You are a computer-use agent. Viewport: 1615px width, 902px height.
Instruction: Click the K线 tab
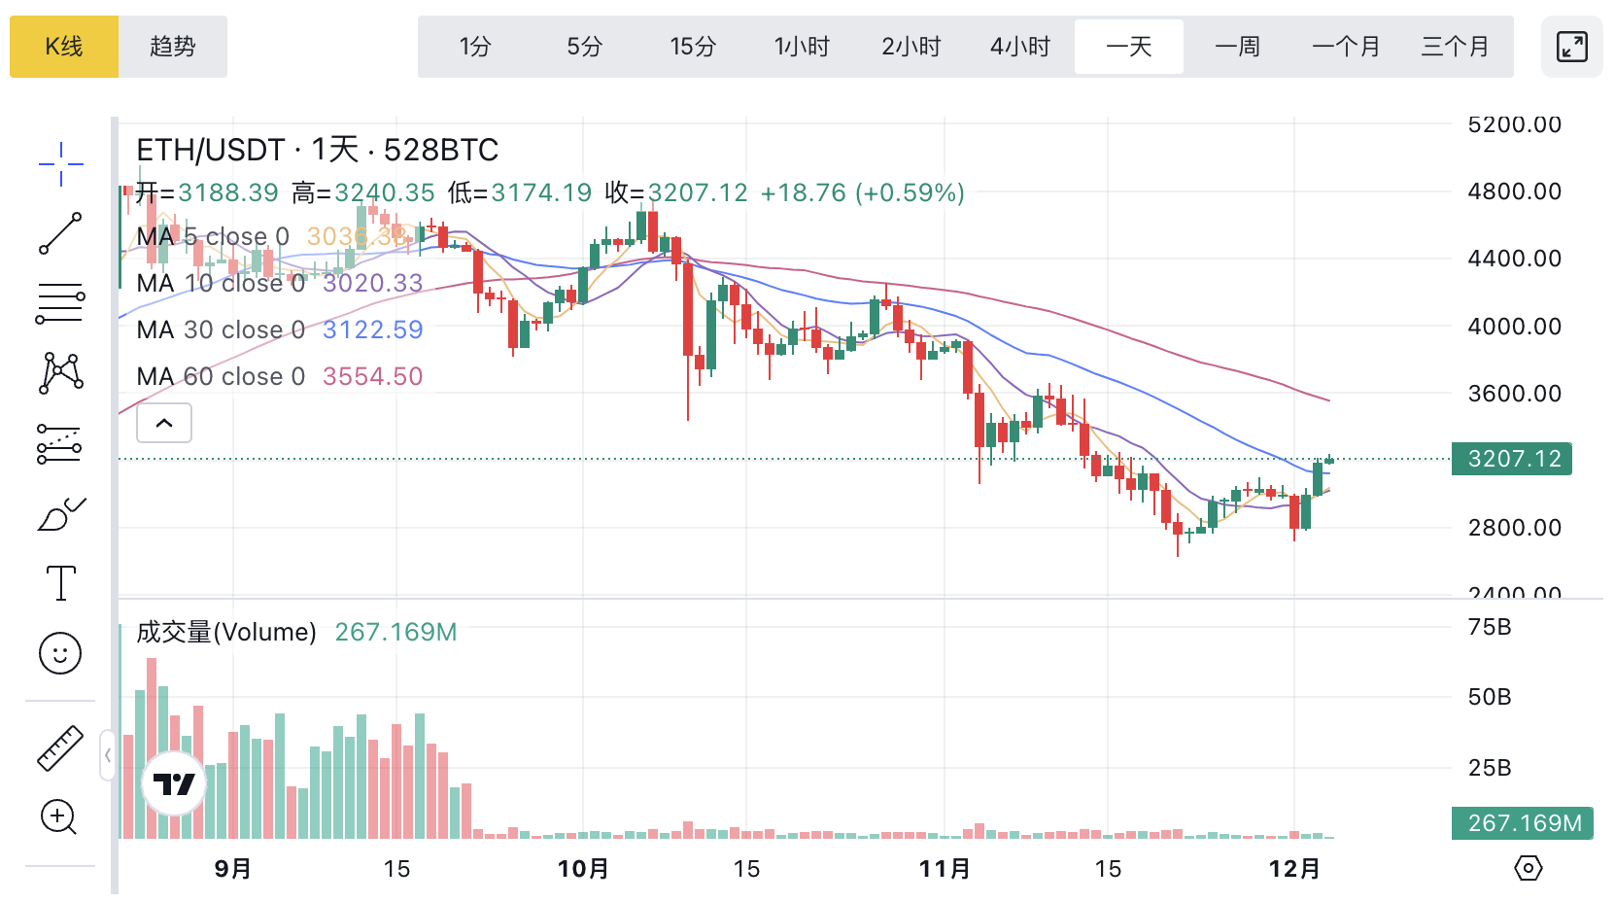pyautogui.click(x=64, y=47)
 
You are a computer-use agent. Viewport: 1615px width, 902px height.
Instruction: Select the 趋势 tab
pyautogui.click(x=173, y=47)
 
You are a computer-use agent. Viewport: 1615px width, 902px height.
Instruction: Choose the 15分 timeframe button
pyautogui.click(x=693, y=47)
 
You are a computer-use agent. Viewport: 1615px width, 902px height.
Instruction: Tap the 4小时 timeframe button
pyautogui.click(x=1020, y=47)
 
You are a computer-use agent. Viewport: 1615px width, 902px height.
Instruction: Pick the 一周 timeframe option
pyautogui.click(x=1237, y=47)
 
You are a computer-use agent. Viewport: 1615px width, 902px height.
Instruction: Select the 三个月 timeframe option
pyautogui.click(x=1455, y=47)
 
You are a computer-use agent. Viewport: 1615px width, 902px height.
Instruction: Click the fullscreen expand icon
pyautogui.click(x=1571, y=47)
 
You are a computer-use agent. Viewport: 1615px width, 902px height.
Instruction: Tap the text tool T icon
pyautogui.click(x=60, y=583)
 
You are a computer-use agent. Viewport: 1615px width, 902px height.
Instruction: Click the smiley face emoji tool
pyautogui.click(x=60, y=653)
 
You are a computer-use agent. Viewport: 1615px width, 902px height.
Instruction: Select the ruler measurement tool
pyautogui.click(x=60, y=748)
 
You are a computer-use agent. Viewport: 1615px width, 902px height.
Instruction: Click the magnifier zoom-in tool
pyautogui.click(x=58, y=817)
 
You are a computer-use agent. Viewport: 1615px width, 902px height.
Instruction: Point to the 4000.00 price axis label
pyautogui.click(x=1514, y=327)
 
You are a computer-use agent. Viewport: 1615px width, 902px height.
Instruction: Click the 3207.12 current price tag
pyautogui.click(x=1512, y=459)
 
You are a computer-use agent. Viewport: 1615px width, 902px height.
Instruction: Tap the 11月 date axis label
pyautogui.click(x=945, y=868)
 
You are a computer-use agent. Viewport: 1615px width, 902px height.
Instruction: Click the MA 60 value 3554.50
pyautogui.click(x=373, y=376)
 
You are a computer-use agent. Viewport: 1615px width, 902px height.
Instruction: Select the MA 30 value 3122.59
pyautogui.click(x=373, y=330)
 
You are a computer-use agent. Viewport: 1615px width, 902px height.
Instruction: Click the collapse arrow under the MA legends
pyautogui.click(x=164, y=423)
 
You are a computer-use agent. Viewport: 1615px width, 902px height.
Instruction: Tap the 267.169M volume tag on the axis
pyautogui.click(x=1523, y=823)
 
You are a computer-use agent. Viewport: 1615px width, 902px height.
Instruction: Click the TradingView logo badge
pyautogui.click(x=174, y=783)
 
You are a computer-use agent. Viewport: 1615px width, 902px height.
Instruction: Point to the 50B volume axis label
pyautogui.click(x=1490, y=697)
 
